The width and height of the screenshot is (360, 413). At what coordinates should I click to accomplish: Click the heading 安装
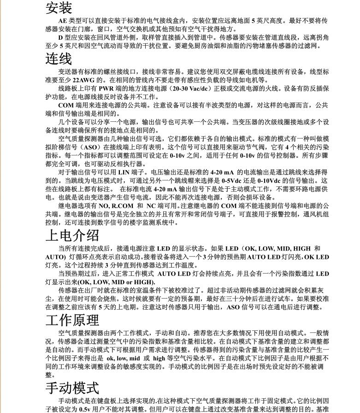(59, 8)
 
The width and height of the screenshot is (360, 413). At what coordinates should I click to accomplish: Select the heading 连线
(59, 59)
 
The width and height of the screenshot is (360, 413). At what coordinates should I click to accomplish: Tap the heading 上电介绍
(72, 235)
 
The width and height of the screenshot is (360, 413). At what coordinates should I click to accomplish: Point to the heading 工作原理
(72, 320)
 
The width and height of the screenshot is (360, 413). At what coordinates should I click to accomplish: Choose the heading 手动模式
(72, 388)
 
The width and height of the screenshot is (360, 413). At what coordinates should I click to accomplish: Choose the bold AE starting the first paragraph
(63, 21)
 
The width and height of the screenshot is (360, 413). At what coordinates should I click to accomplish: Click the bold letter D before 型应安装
(60, 37)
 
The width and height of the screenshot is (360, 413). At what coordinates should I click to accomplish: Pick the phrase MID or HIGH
(135, 282)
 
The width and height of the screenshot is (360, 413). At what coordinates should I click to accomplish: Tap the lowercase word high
(159, 358)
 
